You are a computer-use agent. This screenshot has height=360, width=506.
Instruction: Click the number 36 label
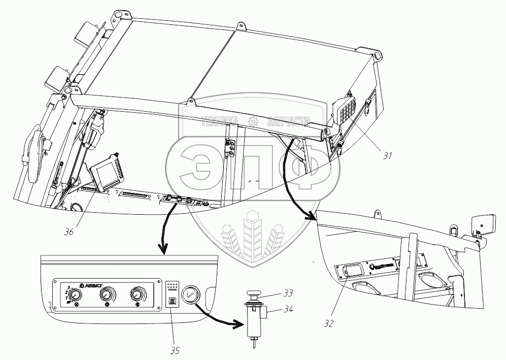69,232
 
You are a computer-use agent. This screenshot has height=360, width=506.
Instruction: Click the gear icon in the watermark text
252,121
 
